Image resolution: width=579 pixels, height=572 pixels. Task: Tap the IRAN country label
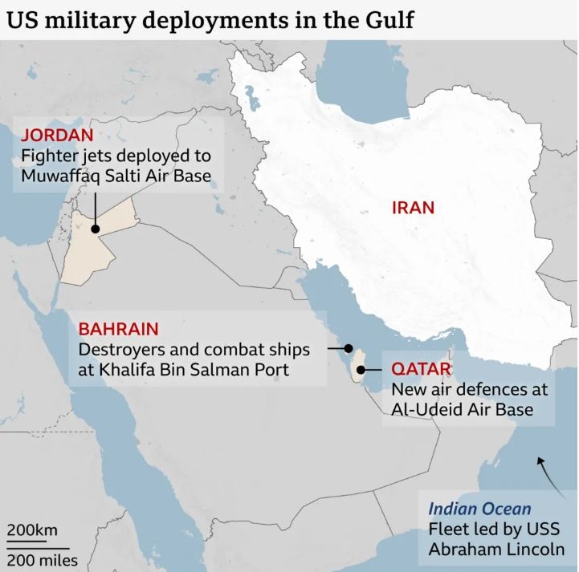pos(413,208)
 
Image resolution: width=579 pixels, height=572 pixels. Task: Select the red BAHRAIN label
pos(118,329)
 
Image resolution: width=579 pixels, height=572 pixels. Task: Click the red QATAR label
pos(422,371)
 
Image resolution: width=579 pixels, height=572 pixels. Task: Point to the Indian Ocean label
pos(479,509)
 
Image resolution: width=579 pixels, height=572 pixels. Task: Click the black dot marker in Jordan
pos(96,229)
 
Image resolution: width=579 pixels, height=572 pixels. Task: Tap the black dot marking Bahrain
pos(349,349)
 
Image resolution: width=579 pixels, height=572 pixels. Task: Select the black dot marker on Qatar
pos(362,370)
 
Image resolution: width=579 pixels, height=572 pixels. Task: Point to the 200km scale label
pos(32,530)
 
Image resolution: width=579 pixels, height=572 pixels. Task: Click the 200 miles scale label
pos(43,559)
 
